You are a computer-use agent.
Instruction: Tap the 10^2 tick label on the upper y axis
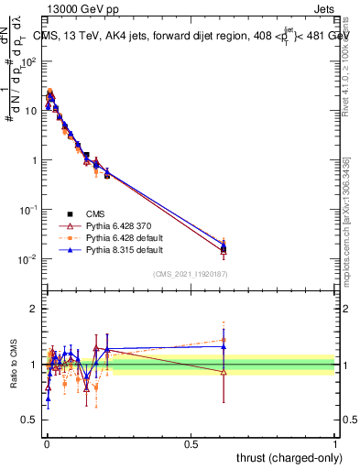(29, 62)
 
